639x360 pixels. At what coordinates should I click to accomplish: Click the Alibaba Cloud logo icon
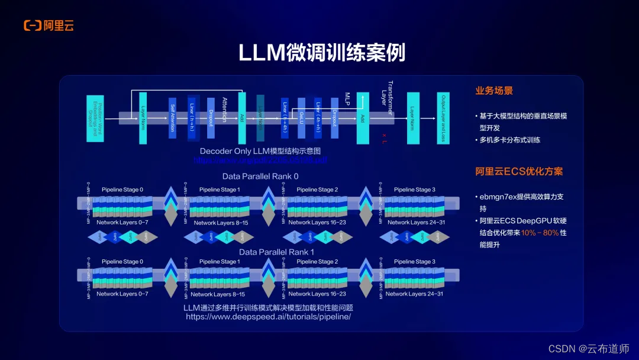click(x=33, y=25)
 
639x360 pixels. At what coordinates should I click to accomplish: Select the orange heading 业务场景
click(x=494, y=91)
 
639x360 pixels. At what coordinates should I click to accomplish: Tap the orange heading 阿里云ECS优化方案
click(x=519, y=172)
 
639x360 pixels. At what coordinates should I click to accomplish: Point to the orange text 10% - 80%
click(x=540, y=233)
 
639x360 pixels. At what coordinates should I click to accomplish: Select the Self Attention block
click(x=173, y=118)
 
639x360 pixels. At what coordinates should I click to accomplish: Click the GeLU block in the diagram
click(x=302, y=118)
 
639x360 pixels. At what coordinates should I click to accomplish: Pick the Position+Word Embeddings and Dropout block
click(x=91, y=118)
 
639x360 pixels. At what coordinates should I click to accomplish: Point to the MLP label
click(x=348, y=97)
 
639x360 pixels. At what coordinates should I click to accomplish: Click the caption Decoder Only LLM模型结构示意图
click(x=260, y=151)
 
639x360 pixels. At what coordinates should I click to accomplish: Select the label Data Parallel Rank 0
click(x=260, y=176)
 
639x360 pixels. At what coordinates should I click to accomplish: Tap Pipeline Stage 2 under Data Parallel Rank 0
click(x=317, y=189)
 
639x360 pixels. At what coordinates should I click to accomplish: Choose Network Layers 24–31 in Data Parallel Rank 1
click(x=414, y=294)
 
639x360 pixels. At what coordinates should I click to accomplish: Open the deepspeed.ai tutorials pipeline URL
click(x=268, y=317)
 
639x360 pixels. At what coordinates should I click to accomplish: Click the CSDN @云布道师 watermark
click(x=588, y=349)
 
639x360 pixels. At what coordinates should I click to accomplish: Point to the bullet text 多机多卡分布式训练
click(x=511, y=140)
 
